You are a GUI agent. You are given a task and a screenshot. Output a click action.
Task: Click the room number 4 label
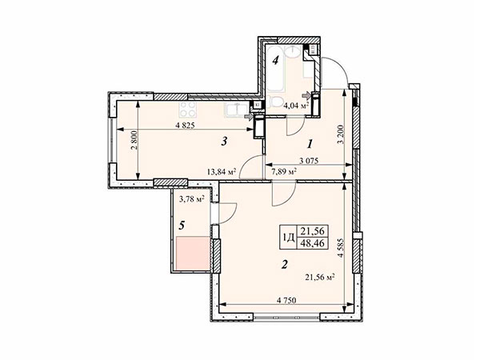tap(275, 60)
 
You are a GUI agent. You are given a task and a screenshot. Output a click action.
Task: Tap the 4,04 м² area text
tap(296, 106)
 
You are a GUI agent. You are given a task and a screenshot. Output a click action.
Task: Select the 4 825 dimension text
tap(185, 126)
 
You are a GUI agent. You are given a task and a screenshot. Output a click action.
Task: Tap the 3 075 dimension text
tap(309, 161)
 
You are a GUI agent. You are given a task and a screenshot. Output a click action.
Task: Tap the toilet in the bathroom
tap(277, 102)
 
